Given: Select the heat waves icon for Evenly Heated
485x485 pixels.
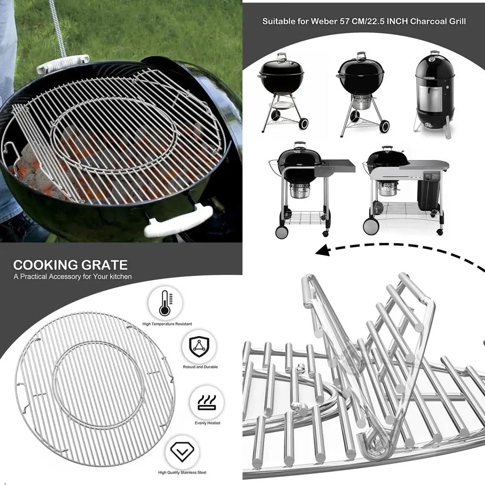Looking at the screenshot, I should pyautogui.click(x=207, y=402).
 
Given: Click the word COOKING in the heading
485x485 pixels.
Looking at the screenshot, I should pyautogui.click(x=44, y=265).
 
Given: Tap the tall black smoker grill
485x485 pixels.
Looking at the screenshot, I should pyautogui.click(x=435, y=94).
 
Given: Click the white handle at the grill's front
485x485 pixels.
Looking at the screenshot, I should pyautogui.click(x=179, y=220).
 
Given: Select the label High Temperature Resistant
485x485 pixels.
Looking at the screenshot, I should pyautogui.click(x=167, y=324).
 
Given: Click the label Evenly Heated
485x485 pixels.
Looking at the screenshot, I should pyautogui.click(x=207, y=423).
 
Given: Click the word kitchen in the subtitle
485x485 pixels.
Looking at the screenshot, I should pyautogui.click(x=119, y=277).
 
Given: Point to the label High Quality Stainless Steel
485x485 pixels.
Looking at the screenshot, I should pyautogui.click(x=182, y=472).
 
